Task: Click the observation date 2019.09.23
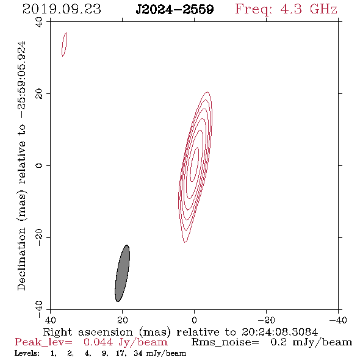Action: (x=62, y=9)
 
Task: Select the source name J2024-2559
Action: (x=175, y=9)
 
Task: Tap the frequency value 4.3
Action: (x=290, y=9)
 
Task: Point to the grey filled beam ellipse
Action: (x=123, y=273)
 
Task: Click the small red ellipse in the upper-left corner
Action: (x=65, y=45)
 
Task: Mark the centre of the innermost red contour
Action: (x=195, y=165)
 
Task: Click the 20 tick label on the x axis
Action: (x=122, y=320)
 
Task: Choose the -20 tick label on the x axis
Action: (x=266, y=320)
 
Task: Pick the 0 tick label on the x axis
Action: (x=194, y=320)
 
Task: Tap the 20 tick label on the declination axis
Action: (x=39, y=94)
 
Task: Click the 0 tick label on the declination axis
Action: (x=39, y=165)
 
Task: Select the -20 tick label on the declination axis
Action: (x=39, y=237)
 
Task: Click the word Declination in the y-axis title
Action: (x=21, y=259)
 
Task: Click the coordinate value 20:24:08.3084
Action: (x=279, y=332)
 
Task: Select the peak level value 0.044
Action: (x=98, y=342)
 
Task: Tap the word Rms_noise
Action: (x=225, y=342)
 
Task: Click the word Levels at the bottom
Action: (x=27, y=353)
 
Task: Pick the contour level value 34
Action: (x=138, y=353)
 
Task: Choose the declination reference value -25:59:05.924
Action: (x=21, y=79)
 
